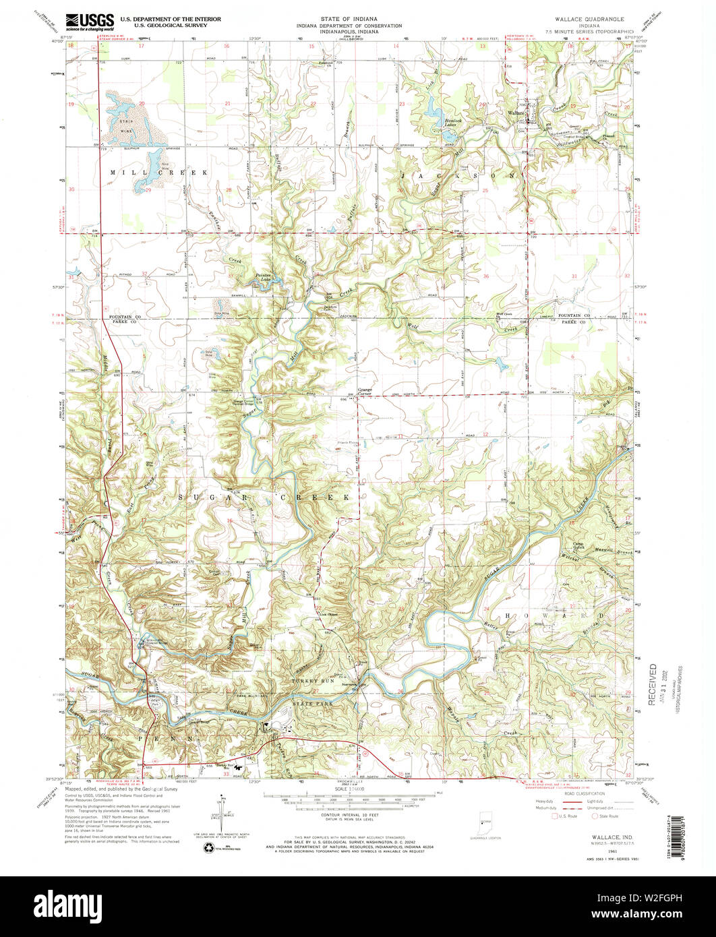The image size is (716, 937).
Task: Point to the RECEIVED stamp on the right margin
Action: [x=653, y=684]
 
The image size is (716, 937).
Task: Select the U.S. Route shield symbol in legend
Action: [x=556, y=816]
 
